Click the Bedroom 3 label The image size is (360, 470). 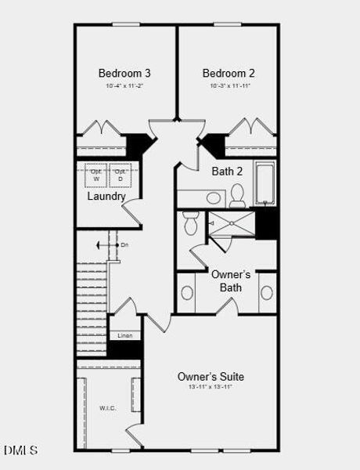coord(124,74)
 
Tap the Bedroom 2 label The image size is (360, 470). coord(229,74)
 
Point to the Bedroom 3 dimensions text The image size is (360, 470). coord(124,86)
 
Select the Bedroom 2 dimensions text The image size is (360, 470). coord(229,86)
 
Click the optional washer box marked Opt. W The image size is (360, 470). coord(96,175)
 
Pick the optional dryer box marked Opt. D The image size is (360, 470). coord(120,175)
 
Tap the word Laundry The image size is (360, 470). coord(106,197)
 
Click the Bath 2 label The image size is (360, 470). coord(228,171)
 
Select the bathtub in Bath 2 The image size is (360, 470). coord(265,183)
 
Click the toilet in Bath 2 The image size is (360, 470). coord(238,193)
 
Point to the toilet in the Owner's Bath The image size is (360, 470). coord(190,222)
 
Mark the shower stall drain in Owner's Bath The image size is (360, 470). coord(232,224)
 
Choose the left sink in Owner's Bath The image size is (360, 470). coord(188,293)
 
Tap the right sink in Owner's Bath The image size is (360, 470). coord(267,293)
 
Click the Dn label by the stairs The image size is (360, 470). coord(124,245)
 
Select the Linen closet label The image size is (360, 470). coord(124,335)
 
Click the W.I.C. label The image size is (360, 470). coord(107,407)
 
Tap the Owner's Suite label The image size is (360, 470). coord(211,375)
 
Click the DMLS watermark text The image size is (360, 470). coord(20,450)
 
